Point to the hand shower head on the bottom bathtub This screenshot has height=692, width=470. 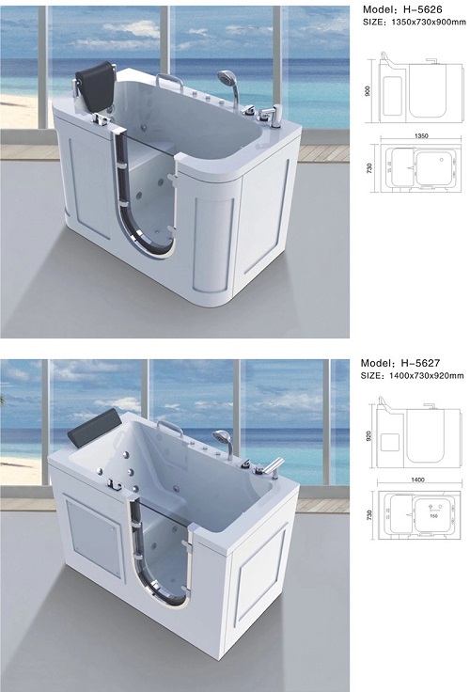pyautogui.click(x=222, y=436)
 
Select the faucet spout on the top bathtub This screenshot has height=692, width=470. pyautogui.click(x=267, y=114)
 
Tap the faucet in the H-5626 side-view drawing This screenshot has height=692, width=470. pyautogui.click(x=431, y=62)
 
